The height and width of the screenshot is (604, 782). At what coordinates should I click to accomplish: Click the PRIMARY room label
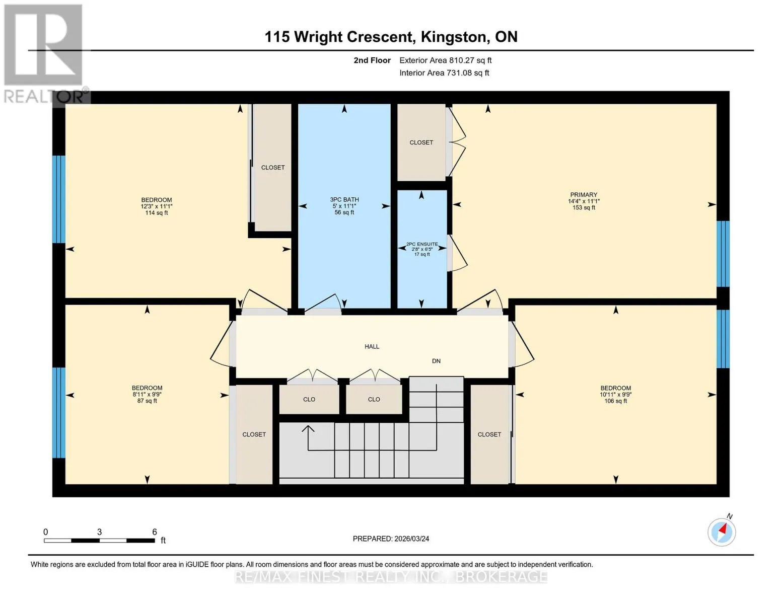(583, 195)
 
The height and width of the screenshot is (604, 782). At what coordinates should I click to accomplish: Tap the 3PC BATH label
(344, 200)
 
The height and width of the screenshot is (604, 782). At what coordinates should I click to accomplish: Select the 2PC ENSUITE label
(422, 244)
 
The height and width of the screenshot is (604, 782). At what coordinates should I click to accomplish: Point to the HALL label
(372, 346)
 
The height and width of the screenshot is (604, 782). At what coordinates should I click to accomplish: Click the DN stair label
(436, 361)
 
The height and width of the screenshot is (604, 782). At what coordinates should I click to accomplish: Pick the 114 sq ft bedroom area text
(157, 212)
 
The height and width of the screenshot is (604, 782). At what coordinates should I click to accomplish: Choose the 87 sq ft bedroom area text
(147, 401)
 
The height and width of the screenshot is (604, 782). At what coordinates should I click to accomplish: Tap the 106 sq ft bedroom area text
(616, 401)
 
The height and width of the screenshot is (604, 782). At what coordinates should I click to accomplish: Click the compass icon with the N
(722, 532)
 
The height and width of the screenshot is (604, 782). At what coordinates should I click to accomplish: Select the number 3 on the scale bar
(99, 532)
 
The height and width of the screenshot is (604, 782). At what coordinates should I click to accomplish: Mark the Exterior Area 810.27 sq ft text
(446, 60)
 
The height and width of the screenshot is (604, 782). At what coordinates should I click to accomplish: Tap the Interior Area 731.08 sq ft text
(445, 73)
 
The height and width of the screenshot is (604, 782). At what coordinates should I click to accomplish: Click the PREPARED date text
(391, 539)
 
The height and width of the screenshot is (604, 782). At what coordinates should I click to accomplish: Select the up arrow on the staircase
(308, 430)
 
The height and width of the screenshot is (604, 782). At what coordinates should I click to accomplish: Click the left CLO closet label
(309, 399)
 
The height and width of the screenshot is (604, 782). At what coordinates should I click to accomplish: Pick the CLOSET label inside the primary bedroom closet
(421, 142)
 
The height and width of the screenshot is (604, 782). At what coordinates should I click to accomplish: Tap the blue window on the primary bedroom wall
(723, 254)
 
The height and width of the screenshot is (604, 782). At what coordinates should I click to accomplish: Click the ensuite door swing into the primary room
(458, 253)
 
